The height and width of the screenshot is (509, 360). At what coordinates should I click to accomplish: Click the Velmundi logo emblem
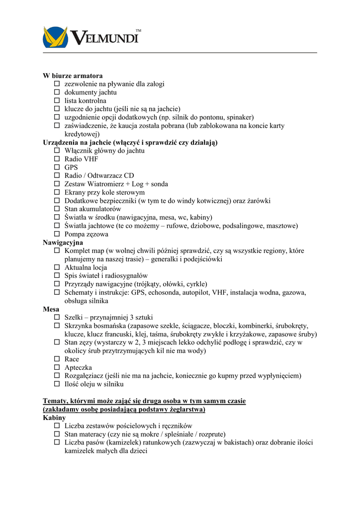coord(55,37)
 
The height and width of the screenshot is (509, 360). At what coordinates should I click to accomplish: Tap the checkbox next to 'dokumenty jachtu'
coord(57,92)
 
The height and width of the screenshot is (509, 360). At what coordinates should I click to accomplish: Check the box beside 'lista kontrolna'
coord(57,101)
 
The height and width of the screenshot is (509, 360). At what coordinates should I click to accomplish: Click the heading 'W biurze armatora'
coord(73,76)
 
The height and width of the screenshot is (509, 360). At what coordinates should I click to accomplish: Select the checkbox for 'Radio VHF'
coord(57,159)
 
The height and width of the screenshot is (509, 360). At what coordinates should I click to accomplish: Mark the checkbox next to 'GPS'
coord(57,168)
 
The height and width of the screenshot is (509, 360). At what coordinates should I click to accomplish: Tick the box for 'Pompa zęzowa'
coord(57,234)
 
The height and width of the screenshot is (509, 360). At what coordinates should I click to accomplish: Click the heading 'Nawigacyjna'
coord(63,243)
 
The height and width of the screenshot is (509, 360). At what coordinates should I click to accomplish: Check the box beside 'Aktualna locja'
coord(57,267)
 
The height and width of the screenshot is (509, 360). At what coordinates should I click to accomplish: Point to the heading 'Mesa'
coord(51,309)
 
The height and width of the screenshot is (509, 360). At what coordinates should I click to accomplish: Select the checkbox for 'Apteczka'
coord(57,367)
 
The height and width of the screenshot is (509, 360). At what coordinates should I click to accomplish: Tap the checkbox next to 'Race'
coord(57,359)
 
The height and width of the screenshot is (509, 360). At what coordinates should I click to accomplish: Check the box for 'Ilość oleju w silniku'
coord(57,384)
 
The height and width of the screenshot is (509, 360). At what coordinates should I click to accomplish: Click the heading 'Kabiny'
coord(54,418)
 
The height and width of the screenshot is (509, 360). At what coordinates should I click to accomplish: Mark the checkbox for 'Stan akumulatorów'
coord(57,209)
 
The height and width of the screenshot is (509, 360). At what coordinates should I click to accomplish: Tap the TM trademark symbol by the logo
coord(138,31)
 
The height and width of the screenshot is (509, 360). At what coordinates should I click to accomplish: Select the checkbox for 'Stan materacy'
coord(57,434)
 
